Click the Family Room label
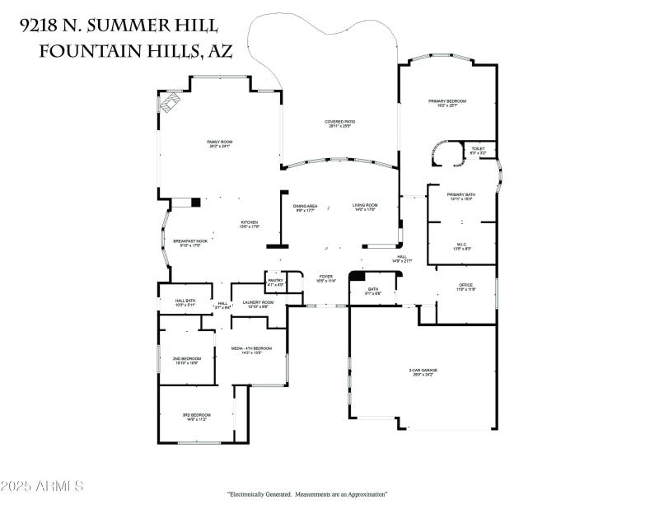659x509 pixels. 219,142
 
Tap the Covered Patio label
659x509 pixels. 340,122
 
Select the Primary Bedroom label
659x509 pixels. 447,101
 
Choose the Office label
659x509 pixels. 466,285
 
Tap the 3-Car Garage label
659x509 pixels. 423,371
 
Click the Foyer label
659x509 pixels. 327,277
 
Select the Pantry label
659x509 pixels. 275,281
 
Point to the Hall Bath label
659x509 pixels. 185,301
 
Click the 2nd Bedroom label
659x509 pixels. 186,358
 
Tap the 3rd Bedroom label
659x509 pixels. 196,414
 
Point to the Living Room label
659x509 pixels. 365,205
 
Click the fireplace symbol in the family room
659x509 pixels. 171,102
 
